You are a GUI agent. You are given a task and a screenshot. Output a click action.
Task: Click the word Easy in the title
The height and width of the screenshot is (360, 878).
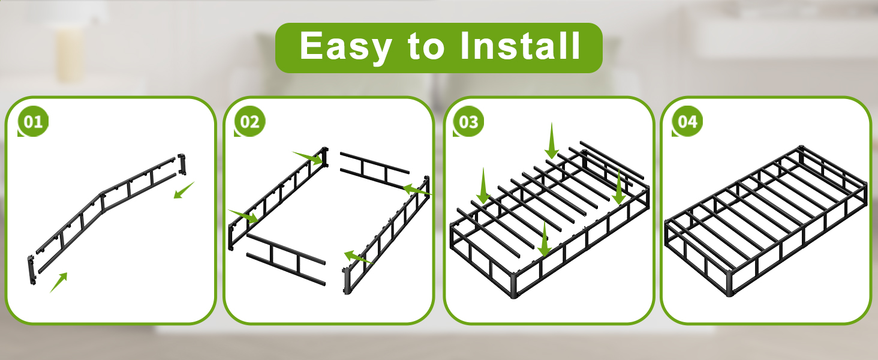pyautogui.click(x=345, y=47)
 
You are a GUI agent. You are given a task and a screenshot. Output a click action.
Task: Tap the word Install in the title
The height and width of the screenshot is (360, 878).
pyautogui.click(x=520, y=46)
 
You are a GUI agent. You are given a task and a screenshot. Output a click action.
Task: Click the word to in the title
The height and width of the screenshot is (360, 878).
pyautogui.click(x=426, y=47)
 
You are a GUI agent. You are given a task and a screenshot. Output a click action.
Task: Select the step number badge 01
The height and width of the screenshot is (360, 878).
pyautogui.click(x=33, y=121)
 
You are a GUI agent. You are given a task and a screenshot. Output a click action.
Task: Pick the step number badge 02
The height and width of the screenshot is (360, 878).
pyautogui.click(x=249, y=121)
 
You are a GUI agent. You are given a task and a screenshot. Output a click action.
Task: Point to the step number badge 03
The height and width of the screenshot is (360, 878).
pyautogui.click(x=468, y=121)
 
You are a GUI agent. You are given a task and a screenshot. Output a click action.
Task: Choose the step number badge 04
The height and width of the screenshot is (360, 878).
pyautogui.click(x=687, y=121)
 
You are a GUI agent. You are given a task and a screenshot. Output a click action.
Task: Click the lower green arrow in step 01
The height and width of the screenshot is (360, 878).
pyautogui.click(x=59, y=283)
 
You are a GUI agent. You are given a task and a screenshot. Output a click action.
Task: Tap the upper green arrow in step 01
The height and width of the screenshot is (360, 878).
pyautogui.click(x=184, y=190)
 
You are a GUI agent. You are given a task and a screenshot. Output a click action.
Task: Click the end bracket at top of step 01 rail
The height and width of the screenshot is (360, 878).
pyautogui.click(x=182, y=164)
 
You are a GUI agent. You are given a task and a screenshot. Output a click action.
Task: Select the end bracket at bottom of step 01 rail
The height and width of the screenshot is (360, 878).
pyautogui.click(x=31, y=270)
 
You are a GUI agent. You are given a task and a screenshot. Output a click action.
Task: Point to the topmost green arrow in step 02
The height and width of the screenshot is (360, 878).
pyautogui.click(x=308, y=157)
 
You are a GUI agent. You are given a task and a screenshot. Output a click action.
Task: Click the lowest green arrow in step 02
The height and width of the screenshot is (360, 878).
pyautogui.click(x=357, y=257)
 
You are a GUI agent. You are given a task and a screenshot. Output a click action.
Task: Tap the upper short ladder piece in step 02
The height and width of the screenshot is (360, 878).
pyautogui.click(x=374, y=169)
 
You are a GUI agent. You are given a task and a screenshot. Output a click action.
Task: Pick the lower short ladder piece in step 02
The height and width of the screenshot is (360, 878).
pyautogui.click(x=285, y=259)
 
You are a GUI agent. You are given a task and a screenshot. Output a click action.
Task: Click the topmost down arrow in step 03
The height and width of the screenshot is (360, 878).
pyautogui.click(x=552, y=140)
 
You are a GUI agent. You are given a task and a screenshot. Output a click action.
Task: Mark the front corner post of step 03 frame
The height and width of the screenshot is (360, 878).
pyautogui.click(x=514, y=284)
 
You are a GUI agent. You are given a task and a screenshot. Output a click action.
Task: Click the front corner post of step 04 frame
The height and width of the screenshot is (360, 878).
pyautogui.click(x=729, y=283)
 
